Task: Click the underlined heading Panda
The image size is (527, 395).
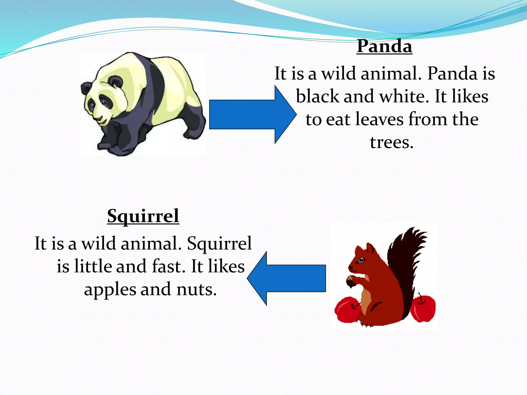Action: pyautogui.click(x=384, y=47)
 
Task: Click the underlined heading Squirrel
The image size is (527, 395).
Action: pyautogui.click(x=143, y=216)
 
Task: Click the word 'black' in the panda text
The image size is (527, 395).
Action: pyautogui.click(x=318, y=97)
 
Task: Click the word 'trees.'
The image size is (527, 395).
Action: pyautogui.click(x=391, y=142)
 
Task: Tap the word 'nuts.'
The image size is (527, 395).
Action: pyautogui.click(x=197, y=290)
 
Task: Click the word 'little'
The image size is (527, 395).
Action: pyautogui.click(x=93, y=266)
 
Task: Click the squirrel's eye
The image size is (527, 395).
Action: pyautogui.click(x=361, y=260)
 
